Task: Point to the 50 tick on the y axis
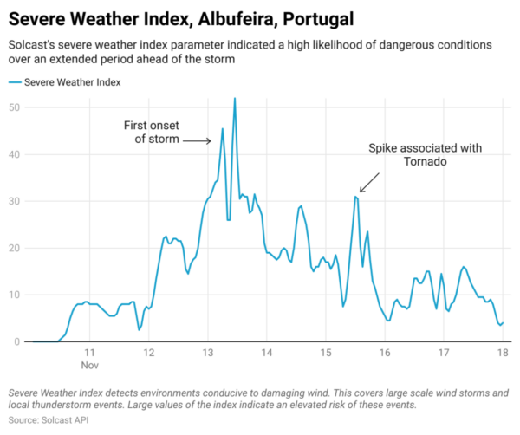(x=15, y=107)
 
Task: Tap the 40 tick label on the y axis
(x=15, y=154)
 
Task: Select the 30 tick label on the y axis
(x=15, y=201)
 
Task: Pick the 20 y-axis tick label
(x=15, y=248)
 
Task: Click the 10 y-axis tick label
(x=15, y=295)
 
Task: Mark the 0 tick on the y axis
(x=17, y=341)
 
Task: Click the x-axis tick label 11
(x=90, y=354)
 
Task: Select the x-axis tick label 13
(x=208, y=354)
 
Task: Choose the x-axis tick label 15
(x=326, y=354)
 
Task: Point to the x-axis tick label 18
(x=502, y=354)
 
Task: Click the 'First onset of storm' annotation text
(x=152, y=133)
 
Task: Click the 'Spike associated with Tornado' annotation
(x=424, y=155)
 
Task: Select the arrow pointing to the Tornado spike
(x=369, y=181)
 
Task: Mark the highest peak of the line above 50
(x=234, y=99)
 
